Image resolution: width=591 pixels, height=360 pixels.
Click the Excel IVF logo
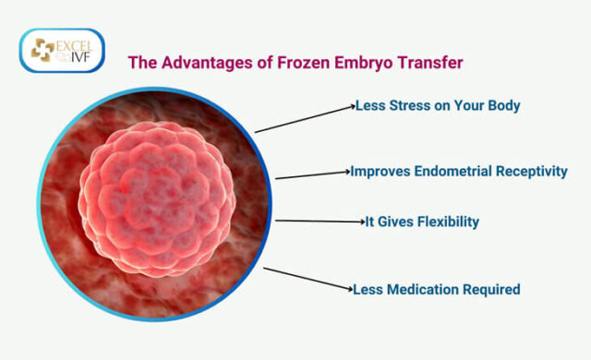click(x=62, y=52)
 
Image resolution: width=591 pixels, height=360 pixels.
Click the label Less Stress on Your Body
click(x=438, y=105)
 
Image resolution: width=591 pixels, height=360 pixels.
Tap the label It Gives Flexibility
click(x=422, y=222)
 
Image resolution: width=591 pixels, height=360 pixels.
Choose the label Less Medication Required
click(x=437, y=289)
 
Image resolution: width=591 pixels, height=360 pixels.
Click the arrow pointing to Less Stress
click(x=305, y=119)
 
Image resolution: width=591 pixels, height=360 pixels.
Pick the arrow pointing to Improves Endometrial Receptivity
click(x=312, y=174)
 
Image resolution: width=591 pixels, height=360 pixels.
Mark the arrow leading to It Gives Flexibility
click(x=320, y=221)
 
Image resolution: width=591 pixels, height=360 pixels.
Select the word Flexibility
click(x=443, y=222)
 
